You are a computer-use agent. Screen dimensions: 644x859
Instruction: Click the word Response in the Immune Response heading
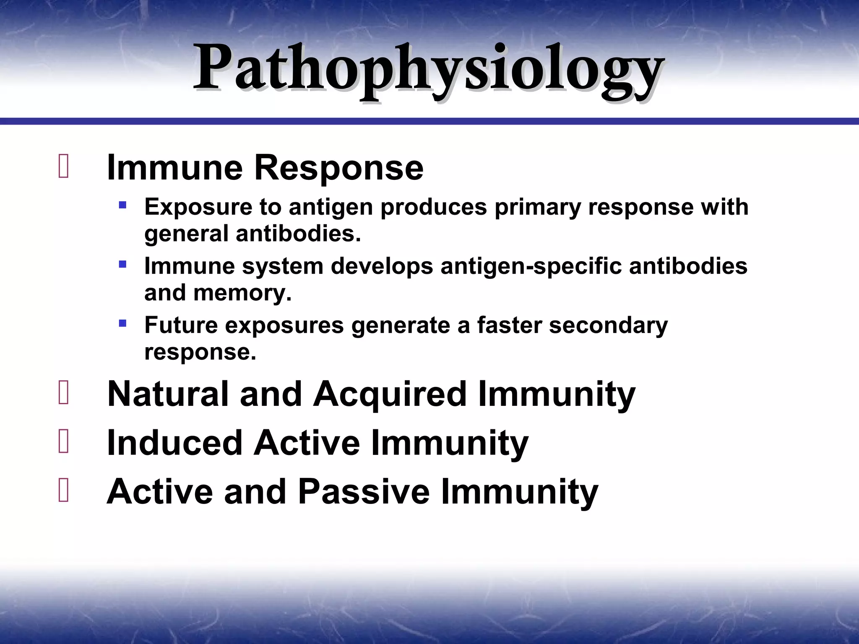pos(339,168)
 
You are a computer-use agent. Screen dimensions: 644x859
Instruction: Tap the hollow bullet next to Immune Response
pos(64,167)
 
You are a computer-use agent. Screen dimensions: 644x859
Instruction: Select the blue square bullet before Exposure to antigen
pos(122,205)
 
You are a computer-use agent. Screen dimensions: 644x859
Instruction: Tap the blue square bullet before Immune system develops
pos(122,265)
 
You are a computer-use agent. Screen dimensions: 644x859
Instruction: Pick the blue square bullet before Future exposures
pos(122,323)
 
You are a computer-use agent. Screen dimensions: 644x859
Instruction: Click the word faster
pos(509,325)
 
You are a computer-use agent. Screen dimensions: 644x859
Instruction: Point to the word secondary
pos(608,325)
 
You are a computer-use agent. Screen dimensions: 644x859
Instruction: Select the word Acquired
pos(390,394)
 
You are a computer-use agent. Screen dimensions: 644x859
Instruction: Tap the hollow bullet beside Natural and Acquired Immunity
pos(64,393)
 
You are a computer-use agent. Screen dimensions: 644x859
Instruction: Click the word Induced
pos(175,443)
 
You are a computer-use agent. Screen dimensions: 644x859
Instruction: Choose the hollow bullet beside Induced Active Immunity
pos(64,442)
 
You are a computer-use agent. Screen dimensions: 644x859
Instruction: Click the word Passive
pos(364,491)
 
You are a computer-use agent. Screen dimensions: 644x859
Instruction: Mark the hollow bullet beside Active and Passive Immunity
pos(64,491)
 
